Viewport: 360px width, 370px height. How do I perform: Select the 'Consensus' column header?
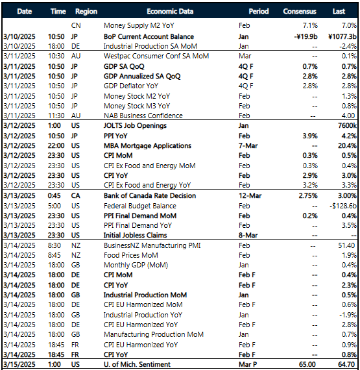click(300, 12)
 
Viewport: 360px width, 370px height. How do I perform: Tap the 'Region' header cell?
click(86, 12)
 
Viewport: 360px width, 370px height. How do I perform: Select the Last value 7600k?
click(346, 125)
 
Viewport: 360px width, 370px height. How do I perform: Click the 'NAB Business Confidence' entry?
click(142, 116)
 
